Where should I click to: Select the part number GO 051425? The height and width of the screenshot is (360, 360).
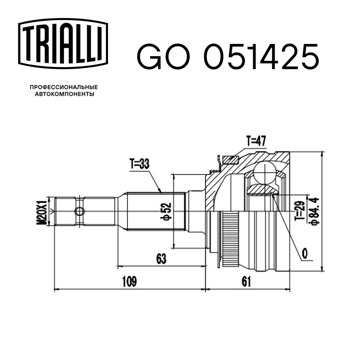tap(228, 57)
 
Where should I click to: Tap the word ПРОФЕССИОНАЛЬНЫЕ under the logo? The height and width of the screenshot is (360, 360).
tap(64, 87)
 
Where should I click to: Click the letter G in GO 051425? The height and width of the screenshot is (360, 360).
tap(149, 57)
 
